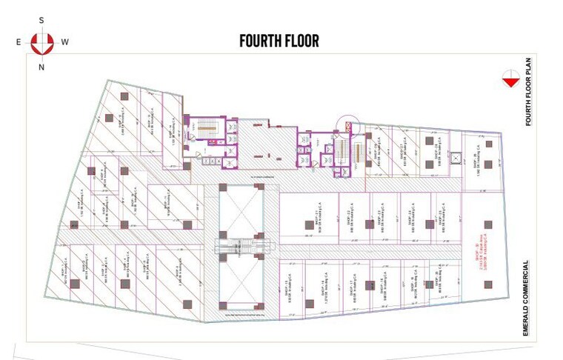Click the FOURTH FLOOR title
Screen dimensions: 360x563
pyautogui.click(x=279, y=41)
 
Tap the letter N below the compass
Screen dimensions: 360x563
pyautogui.click(x=42, y=67)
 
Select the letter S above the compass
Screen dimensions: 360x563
pyautogui.click(x=42, y=20)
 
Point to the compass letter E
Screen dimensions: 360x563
pyautogui.click(x=19, y=42)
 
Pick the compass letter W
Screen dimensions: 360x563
pyautogui.click(x=65, y=42)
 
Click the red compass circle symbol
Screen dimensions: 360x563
pyautogui.click(x=42, y=42)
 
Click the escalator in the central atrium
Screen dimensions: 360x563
pyautogui.click(x=241, y=246)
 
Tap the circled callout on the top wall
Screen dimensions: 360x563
pyautogui.click(x=348, y=124)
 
